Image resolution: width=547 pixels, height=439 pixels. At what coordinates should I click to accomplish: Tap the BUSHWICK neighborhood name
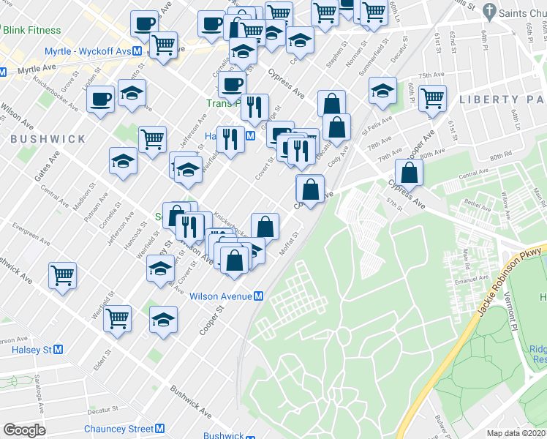[48, 138]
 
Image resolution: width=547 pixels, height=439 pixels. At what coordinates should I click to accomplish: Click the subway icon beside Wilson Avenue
[259, 296]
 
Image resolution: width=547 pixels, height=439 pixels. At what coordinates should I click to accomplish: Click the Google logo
[24, 430]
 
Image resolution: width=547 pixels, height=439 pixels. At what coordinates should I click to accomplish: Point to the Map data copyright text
[516, 433]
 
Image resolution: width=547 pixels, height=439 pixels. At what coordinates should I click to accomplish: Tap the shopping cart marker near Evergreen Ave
[63, 275]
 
